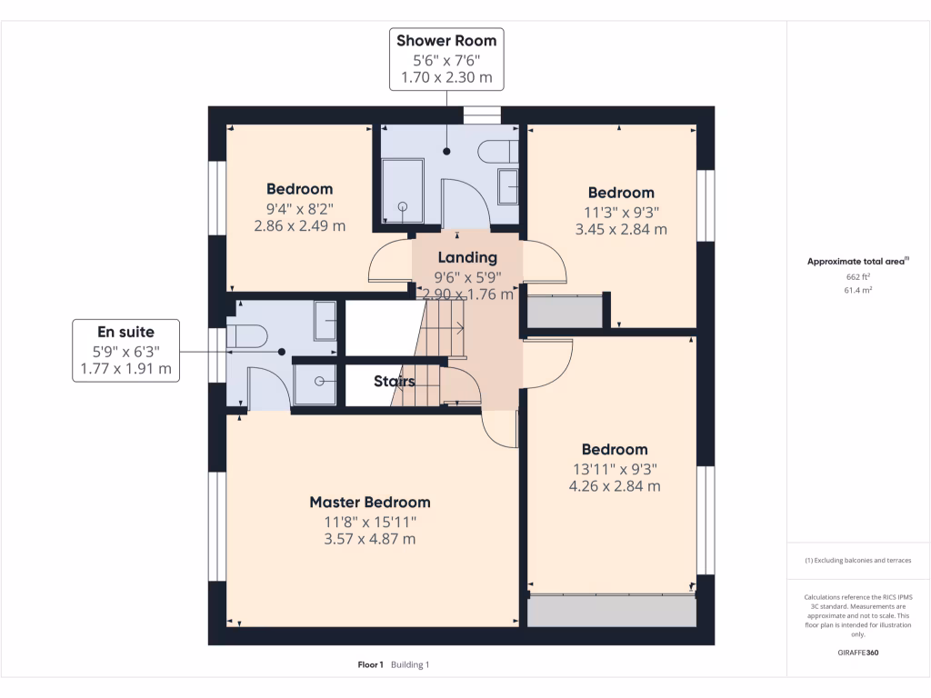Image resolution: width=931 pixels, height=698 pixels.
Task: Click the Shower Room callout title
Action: (x=446, y=40)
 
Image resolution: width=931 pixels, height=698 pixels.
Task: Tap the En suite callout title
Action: (x=125, y=332)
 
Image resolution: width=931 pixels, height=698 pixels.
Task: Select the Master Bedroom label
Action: (x=370, y=502)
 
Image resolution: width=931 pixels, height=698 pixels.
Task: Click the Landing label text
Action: (x=467, y=257)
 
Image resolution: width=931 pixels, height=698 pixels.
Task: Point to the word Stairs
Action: (x=395, y=381)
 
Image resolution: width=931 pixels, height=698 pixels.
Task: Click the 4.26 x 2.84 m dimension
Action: (x=615, y=486)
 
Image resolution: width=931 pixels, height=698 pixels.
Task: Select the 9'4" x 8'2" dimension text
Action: (x=300, y=209)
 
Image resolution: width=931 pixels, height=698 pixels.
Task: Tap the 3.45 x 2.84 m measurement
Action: (x=621, y=229)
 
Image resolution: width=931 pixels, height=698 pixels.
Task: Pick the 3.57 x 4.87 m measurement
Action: (x=370, y=539)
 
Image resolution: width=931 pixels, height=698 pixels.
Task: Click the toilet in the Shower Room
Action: (x=497, y=152)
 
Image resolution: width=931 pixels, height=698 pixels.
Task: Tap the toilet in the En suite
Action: (x=247, y=336)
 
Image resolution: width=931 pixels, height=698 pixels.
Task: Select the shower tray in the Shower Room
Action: (x=403, y=191)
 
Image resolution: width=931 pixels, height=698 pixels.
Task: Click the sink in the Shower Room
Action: (x=507, y=186)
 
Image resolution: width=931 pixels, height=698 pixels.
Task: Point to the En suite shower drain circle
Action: (x=319, y=382)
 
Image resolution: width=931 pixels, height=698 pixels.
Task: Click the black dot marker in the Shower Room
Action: (x=446, y=152)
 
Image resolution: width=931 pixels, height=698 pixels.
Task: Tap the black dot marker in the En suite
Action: (x=282, y=352)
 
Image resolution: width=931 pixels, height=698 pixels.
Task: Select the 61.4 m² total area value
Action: (x=858, y=290)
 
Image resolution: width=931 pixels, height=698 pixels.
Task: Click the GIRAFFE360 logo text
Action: (x=858, y=653)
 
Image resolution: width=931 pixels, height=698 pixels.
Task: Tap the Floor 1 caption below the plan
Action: (x=371, y=664)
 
